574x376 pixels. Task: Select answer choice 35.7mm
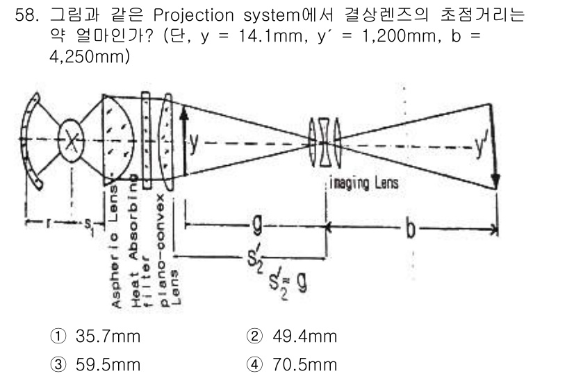click(x=107, y=337)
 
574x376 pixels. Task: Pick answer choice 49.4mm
click(x=303, y=337)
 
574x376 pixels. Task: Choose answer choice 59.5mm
click(x=107, y=364)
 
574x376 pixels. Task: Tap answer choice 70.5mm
click(x=303, y=364)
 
